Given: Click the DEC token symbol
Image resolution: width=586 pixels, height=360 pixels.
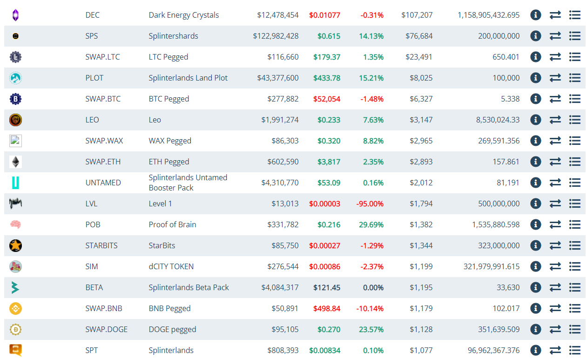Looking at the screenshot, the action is coord(92,15).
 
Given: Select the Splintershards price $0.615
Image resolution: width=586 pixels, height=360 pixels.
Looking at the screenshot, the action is coord(329,36).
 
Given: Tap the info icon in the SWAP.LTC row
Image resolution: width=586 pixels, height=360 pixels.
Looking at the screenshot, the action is coord(536,57).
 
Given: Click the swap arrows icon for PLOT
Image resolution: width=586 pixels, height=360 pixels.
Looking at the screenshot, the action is coord(555,78).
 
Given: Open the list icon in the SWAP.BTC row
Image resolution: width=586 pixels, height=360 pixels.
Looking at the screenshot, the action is coord(575,99).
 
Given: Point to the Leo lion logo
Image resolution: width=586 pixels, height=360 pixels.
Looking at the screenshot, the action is coord(15,120).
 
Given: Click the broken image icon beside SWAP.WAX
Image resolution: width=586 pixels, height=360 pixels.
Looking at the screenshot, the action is coord(15,141).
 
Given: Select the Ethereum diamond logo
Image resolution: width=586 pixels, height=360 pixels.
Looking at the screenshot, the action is coord(15,162).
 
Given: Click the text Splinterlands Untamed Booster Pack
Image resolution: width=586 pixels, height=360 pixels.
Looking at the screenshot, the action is coord(188,183).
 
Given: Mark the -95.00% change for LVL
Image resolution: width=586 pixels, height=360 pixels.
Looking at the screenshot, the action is coord(370,204).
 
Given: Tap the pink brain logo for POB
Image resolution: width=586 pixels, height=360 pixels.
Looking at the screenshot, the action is coord(15,224).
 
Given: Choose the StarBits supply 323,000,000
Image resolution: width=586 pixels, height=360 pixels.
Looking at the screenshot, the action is coord(498,245).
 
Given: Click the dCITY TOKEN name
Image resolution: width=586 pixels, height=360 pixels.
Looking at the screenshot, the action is coord(171,266).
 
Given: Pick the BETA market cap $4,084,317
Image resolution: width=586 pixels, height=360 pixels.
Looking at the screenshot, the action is coord(280,287).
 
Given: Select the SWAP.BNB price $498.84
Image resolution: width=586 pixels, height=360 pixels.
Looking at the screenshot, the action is coord(327,308).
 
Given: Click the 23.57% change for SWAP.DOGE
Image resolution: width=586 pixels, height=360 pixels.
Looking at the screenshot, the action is coord(371,329).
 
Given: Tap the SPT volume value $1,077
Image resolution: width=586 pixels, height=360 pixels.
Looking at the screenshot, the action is coord(421,350).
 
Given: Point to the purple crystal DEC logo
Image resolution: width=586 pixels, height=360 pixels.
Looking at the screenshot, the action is coord(15,15).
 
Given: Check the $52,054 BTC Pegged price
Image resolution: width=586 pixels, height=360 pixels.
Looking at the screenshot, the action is coord(327,99).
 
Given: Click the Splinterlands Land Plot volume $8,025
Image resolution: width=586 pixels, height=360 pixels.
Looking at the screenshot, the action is coord(421,78).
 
